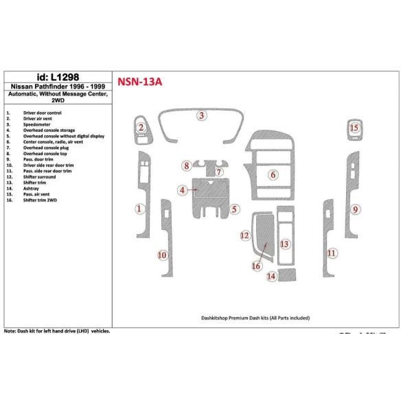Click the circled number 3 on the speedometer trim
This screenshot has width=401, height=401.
[201, 115]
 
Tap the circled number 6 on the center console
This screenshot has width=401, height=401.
[273, 175]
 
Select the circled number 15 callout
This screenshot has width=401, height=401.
[354, 128]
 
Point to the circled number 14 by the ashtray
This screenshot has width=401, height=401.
[272, 276]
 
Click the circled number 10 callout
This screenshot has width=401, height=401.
[162, 255]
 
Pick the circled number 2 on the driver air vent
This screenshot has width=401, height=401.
[140, 127]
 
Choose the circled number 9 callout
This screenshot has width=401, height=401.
[356, 209]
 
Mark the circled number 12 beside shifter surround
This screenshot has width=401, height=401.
[244, 236]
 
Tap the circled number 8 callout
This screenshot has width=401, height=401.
[187, 165]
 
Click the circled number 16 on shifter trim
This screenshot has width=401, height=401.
[256, 266]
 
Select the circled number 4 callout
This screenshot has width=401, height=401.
[183, 190]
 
